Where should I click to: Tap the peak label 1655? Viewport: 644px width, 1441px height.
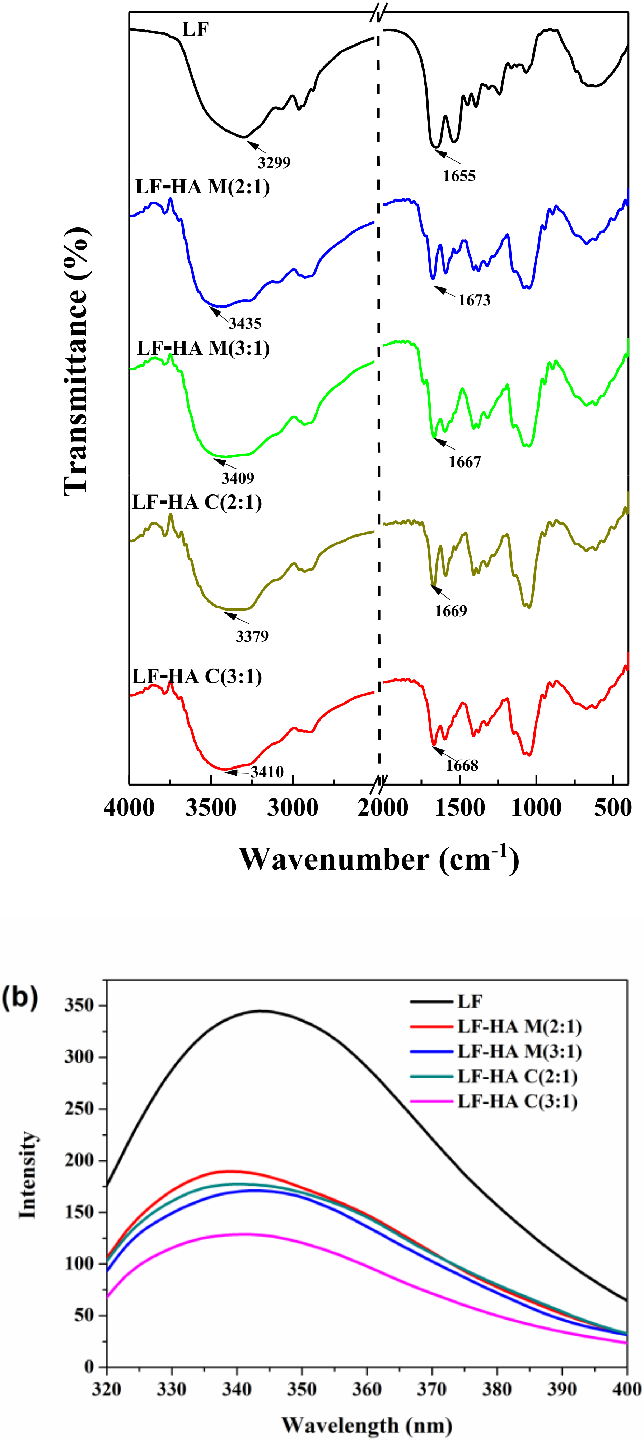coord(459,176)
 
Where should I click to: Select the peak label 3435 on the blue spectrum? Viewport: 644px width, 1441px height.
coord(245,323)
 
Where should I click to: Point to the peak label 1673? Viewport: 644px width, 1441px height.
coord(474,300)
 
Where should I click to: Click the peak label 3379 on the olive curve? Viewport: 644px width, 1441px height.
coord(252,636)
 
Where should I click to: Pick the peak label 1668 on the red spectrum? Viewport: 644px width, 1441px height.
coord(462,765)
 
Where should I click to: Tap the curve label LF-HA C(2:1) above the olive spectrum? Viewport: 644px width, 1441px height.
coord(197,502)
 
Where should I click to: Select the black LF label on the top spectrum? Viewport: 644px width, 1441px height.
coord(195,29)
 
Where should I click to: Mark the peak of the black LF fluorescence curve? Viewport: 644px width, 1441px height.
coord(261,1011)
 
